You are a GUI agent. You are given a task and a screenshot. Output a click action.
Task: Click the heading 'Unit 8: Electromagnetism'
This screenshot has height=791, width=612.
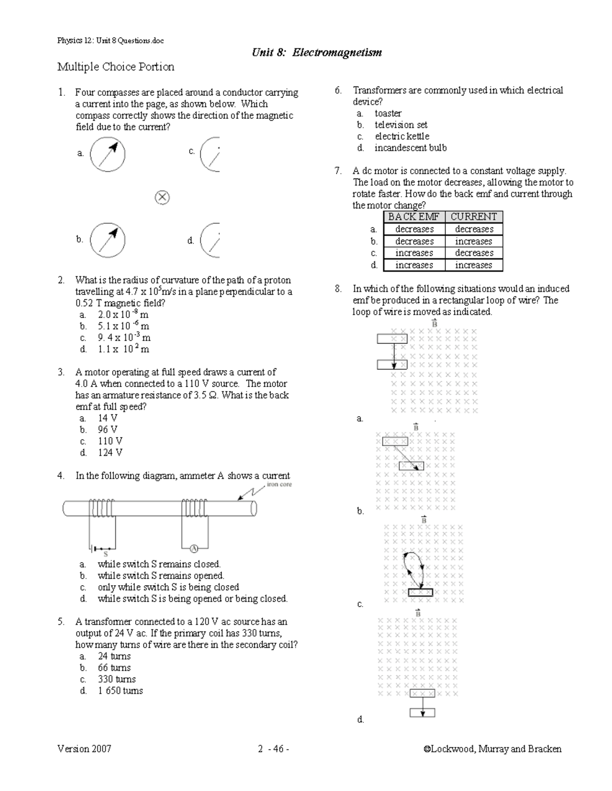tap(317, 53)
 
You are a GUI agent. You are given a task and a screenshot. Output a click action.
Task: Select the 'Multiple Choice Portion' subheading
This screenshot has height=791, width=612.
tap(116, 67)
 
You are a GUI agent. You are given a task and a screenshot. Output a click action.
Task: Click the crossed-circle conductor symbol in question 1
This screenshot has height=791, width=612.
tap(162, 198)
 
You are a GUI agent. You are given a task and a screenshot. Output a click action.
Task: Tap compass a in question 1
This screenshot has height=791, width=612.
tap(107, 154)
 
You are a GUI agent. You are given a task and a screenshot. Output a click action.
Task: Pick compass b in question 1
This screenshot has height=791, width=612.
tap(107, 240)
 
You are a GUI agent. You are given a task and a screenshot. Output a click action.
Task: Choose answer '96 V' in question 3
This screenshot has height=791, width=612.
tap(107, 430)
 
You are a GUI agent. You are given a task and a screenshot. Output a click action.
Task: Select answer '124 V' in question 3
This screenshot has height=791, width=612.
tap(110, 453)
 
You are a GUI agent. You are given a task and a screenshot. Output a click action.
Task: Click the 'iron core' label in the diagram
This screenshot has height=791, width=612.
tap(279, 485)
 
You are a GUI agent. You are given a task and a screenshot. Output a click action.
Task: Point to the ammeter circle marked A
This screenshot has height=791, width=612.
tap(194, 548)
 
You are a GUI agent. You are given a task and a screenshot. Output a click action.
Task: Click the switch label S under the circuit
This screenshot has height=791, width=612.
tap(106, 554)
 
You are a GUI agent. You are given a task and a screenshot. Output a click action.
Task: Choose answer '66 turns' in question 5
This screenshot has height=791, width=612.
tap(114, 668)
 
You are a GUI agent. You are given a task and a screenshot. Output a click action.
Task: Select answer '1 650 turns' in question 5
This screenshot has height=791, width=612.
tap(120, 691)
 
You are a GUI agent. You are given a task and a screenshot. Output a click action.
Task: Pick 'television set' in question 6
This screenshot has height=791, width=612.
tap(401, 125)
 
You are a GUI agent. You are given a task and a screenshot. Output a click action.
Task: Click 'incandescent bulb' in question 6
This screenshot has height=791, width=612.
tap(411, 148)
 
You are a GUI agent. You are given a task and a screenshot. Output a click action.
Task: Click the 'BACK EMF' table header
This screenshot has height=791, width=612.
tap(414, 217)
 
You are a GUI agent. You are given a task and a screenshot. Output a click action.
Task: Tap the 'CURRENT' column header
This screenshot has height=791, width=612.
tap(473, 217)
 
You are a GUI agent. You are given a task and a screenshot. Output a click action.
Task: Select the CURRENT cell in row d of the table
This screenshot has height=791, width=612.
tap(473, 265)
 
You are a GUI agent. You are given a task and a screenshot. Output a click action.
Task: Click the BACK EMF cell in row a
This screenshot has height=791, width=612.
tap(414, 230)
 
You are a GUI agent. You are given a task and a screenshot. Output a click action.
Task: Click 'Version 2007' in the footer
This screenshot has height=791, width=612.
tap(84, 749)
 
